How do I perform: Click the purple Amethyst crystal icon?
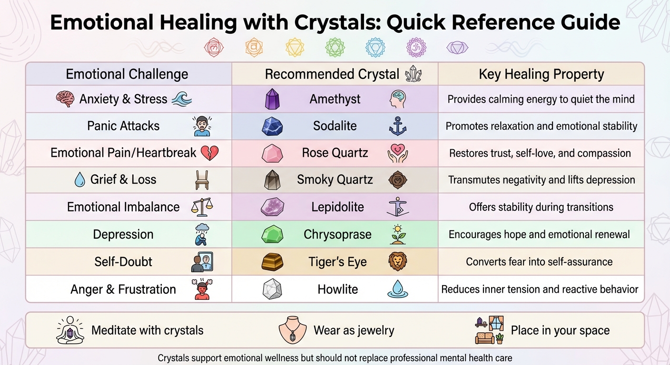pos(272,99)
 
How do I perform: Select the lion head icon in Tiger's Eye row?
pos(398,261)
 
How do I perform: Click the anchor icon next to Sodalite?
pos(398,126)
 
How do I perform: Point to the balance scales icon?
pos(202,207)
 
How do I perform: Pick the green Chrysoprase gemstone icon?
pos(272,235)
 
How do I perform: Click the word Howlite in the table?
pos(338,289)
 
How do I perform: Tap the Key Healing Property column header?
pos(542,75)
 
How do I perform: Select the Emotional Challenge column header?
pos(127,75)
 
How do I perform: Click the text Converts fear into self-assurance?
pos(539,262)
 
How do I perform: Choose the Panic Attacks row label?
pos(123,126)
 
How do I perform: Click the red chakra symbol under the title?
pos(213,48)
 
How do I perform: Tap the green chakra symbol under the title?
pos(335,48)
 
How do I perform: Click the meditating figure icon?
pos(70,330)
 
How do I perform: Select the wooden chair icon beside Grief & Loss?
pos(202,180)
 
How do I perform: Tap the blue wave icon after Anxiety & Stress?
pos(182,99)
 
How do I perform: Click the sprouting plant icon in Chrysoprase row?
pos(398,234)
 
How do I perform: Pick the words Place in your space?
pos(560,330)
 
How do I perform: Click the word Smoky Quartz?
pos(335,180)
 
